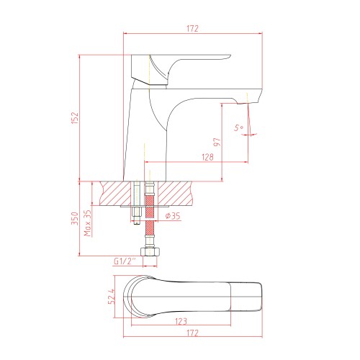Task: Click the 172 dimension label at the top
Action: pos(193,29)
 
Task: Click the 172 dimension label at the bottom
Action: pos(193,333)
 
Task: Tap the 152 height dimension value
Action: pos(75,117)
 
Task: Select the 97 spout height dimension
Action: pos(217,142)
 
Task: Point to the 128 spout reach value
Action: pos(207,157)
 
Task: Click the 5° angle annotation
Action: pos(239,127)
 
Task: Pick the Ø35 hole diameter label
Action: pos(173,216)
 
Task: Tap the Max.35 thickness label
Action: pos(88,223)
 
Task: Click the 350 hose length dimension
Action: pos(75,218)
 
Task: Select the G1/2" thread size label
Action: pos(125,261)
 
